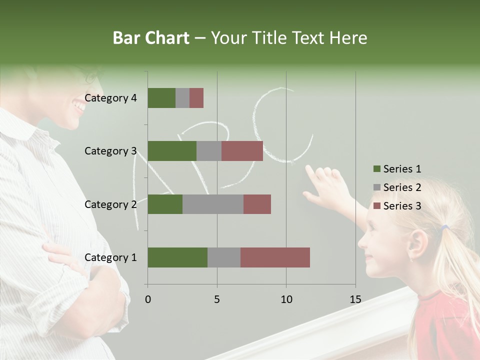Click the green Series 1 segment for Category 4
[x=161, y=98]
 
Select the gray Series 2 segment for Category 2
[x=213, y=204]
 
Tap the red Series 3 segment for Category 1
[x=275, y=257]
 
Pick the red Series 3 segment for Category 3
[x=242, y=151]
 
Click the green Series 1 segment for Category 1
[x=177, y=257]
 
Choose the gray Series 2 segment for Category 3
[x=209, y=151]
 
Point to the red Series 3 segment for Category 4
[x=196, y=98]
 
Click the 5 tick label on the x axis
[x=217, y=300]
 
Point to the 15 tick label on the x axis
[x=355, y=300]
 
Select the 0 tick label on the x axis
[x=148, y=300]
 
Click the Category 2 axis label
[x=110, y=204]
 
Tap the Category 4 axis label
[x=110, y=98]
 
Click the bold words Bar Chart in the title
[x=151, y=38]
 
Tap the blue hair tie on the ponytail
[x=444, y=227]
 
